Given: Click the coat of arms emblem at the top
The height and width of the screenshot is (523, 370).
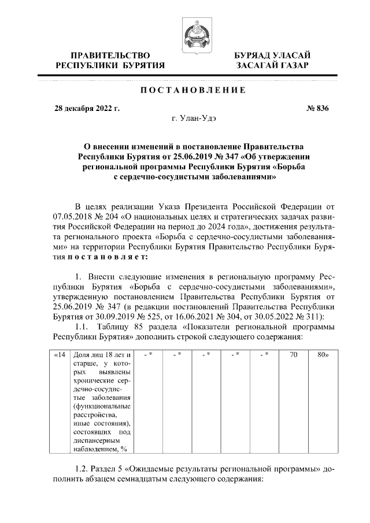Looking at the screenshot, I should [x=191, y=33].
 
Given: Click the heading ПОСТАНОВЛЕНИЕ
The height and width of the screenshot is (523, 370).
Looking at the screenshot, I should [x=191, y=90].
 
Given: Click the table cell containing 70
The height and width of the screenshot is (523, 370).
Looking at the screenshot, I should [x=294, y=354].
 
